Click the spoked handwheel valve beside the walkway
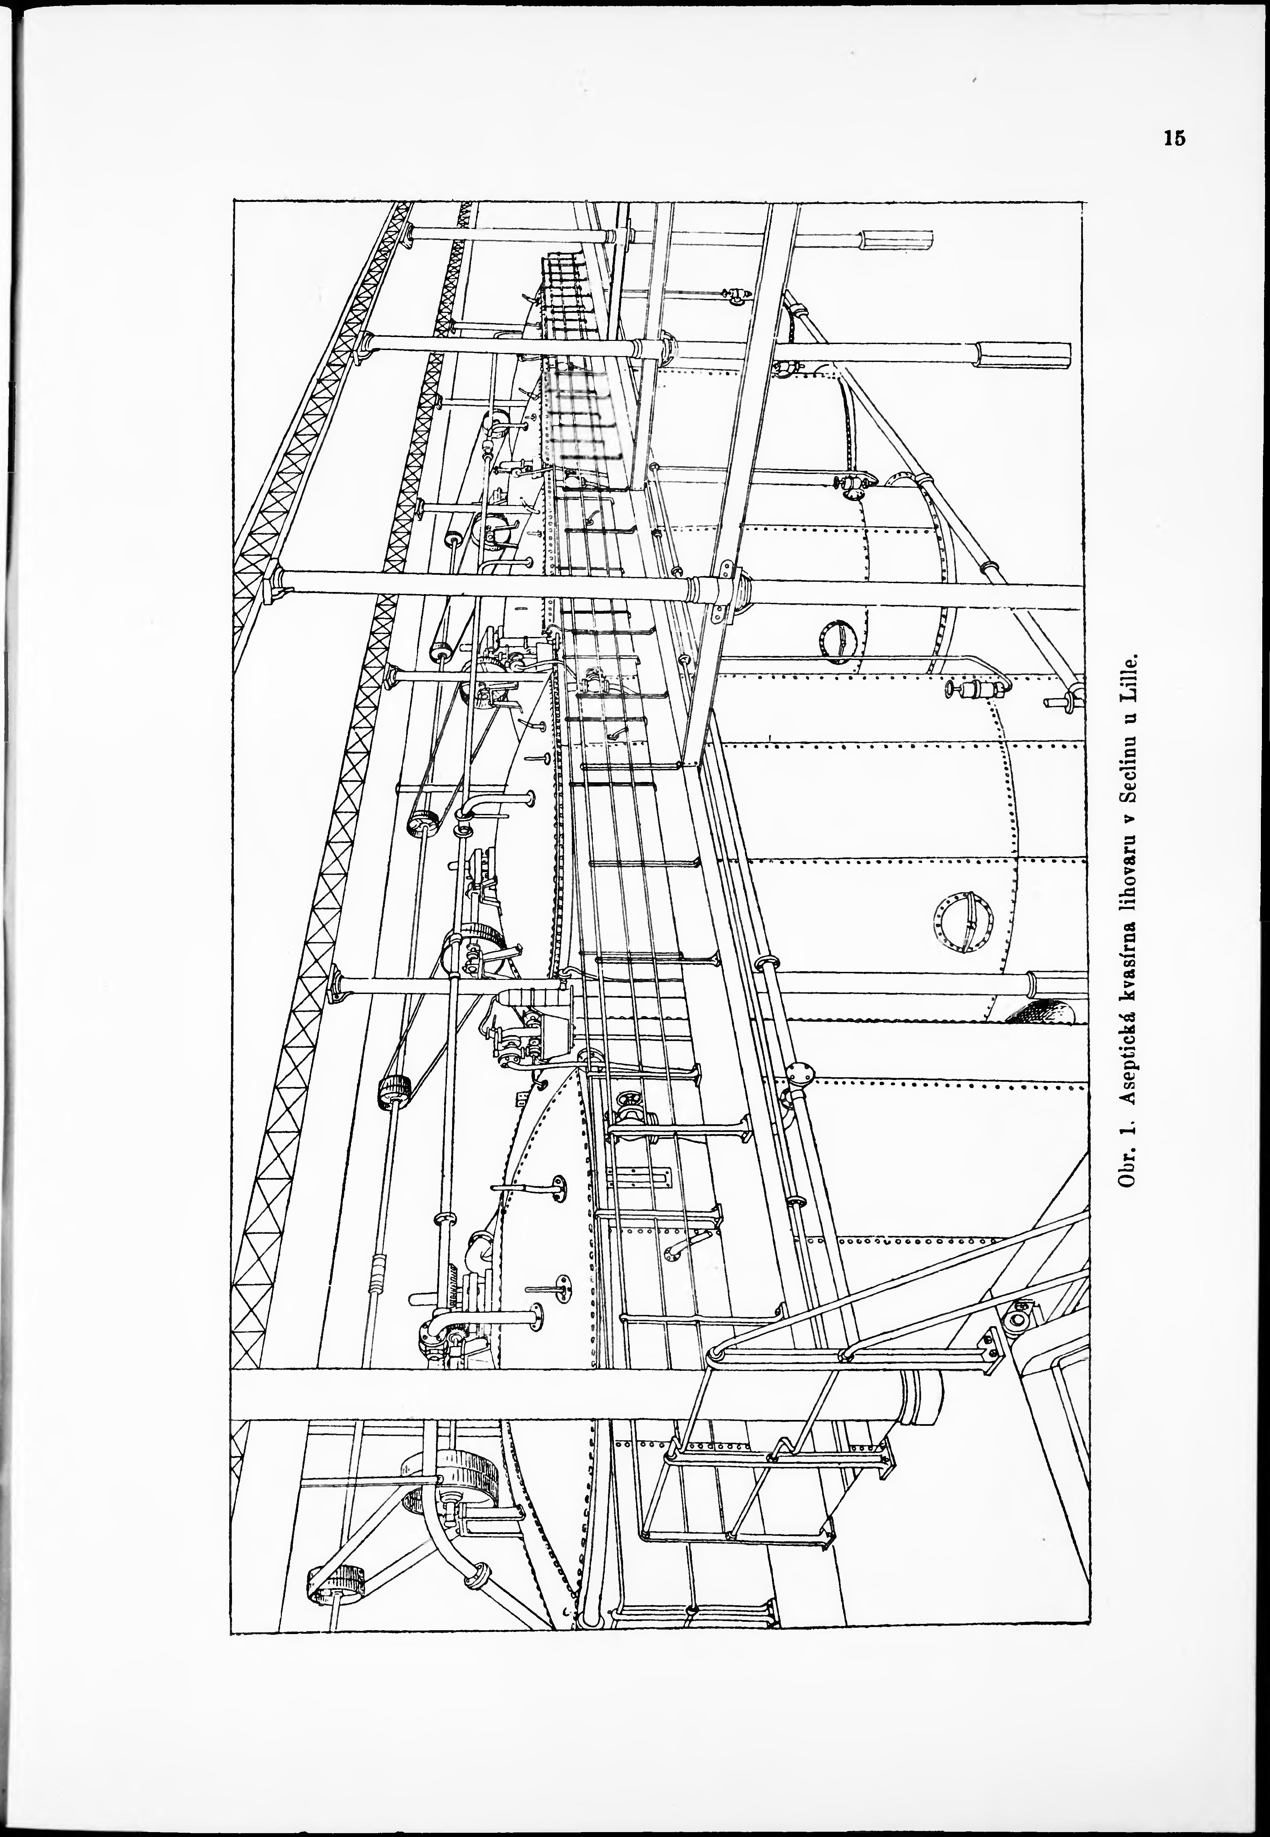pos(633,1106)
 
